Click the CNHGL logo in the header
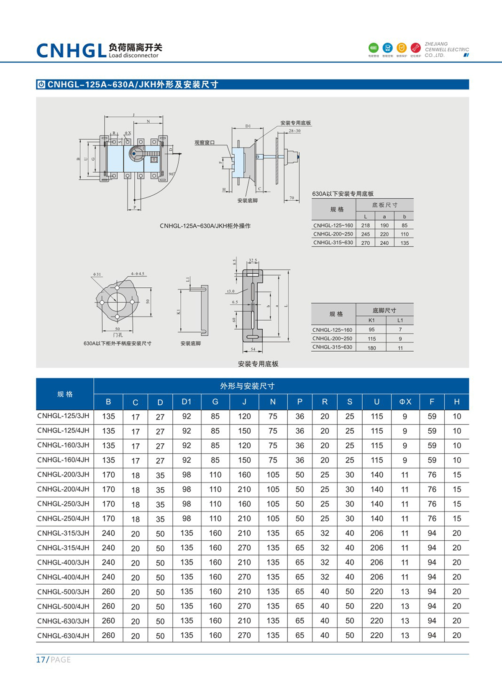[x=71, y=51]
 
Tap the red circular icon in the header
[x=415, y=48]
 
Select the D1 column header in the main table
[x=186, y=402]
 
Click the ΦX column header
[x=405, y=402]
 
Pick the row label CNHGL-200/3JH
[x=64, y=475]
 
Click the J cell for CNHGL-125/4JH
[x=244, y=431]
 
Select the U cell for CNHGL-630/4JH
[x=376, y=635]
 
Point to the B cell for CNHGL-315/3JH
[x=108, y=533]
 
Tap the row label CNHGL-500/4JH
[x=64, y=606]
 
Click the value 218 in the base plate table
[x=366, y=225]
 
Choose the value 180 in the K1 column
[x=371, y=348]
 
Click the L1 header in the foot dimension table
[x=400, y=320]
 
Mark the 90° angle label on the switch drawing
[x=172, y=174]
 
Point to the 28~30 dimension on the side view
[x=295, y=131]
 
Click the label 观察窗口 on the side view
[x=205, y=143]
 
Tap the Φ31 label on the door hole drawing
[x=97, y=274]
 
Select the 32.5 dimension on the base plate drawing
[x=253, y=260]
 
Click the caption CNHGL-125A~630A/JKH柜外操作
[x=205, y=226]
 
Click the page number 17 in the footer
[x=41, y=659]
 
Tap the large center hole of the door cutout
[x=117, y=302]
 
